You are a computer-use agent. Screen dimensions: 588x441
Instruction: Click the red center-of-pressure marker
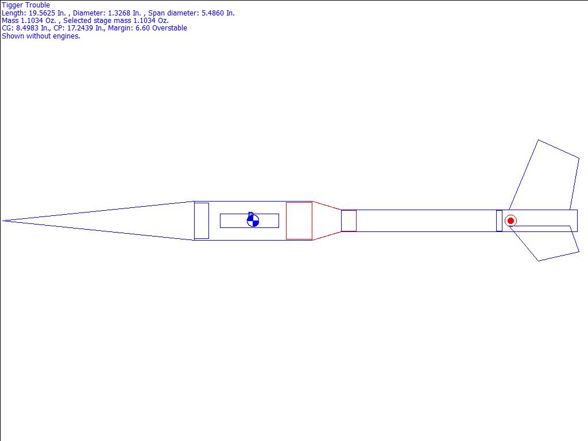pyautogui.click(x=510, y=221)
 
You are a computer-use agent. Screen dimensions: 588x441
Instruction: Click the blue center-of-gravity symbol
pyautogui.click(x=253, y=220)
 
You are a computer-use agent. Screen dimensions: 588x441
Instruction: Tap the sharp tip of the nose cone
pyautogui.click(x=3, y=221)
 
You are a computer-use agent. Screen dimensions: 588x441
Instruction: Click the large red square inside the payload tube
pyautogui.click(x=299, y=221)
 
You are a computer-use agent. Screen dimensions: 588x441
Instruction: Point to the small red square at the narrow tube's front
pyautogui.click(x=349, y=221)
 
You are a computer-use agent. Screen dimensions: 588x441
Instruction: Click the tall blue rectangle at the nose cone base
pyautogui.click(x=202, y=221)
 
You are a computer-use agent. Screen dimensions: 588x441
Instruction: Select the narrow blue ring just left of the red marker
pyautogui.click(x=499, y=221)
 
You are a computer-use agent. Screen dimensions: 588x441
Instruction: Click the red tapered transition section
pyautogui.click(x=327, y=221)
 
